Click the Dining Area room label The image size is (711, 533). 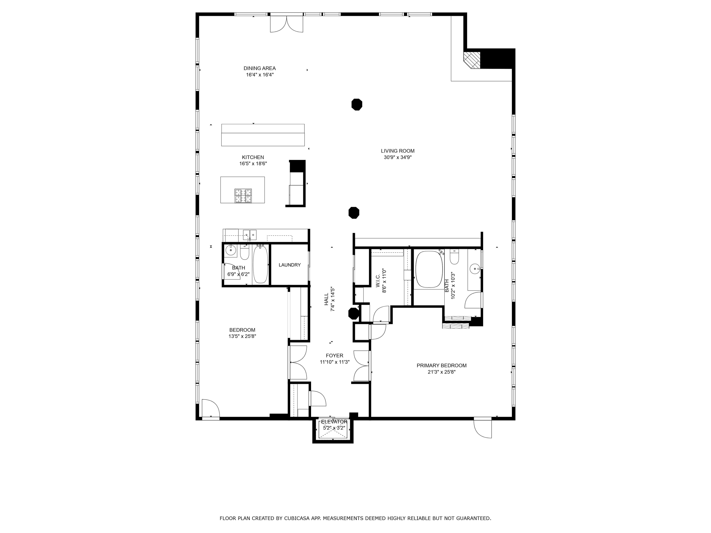point(259,68)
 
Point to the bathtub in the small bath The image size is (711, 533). point(260,264)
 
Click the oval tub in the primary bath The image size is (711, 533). point(429,269)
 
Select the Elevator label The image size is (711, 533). point(334,422)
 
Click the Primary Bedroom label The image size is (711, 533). point(441,365)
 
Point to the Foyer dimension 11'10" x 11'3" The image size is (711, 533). point(334,362)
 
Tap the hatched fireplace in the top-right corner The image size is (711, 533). point(472,60)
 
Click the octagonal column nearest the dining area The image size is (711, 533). point(356,104)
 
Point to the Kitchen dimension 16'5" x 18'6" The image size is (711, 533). point(253,164)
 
